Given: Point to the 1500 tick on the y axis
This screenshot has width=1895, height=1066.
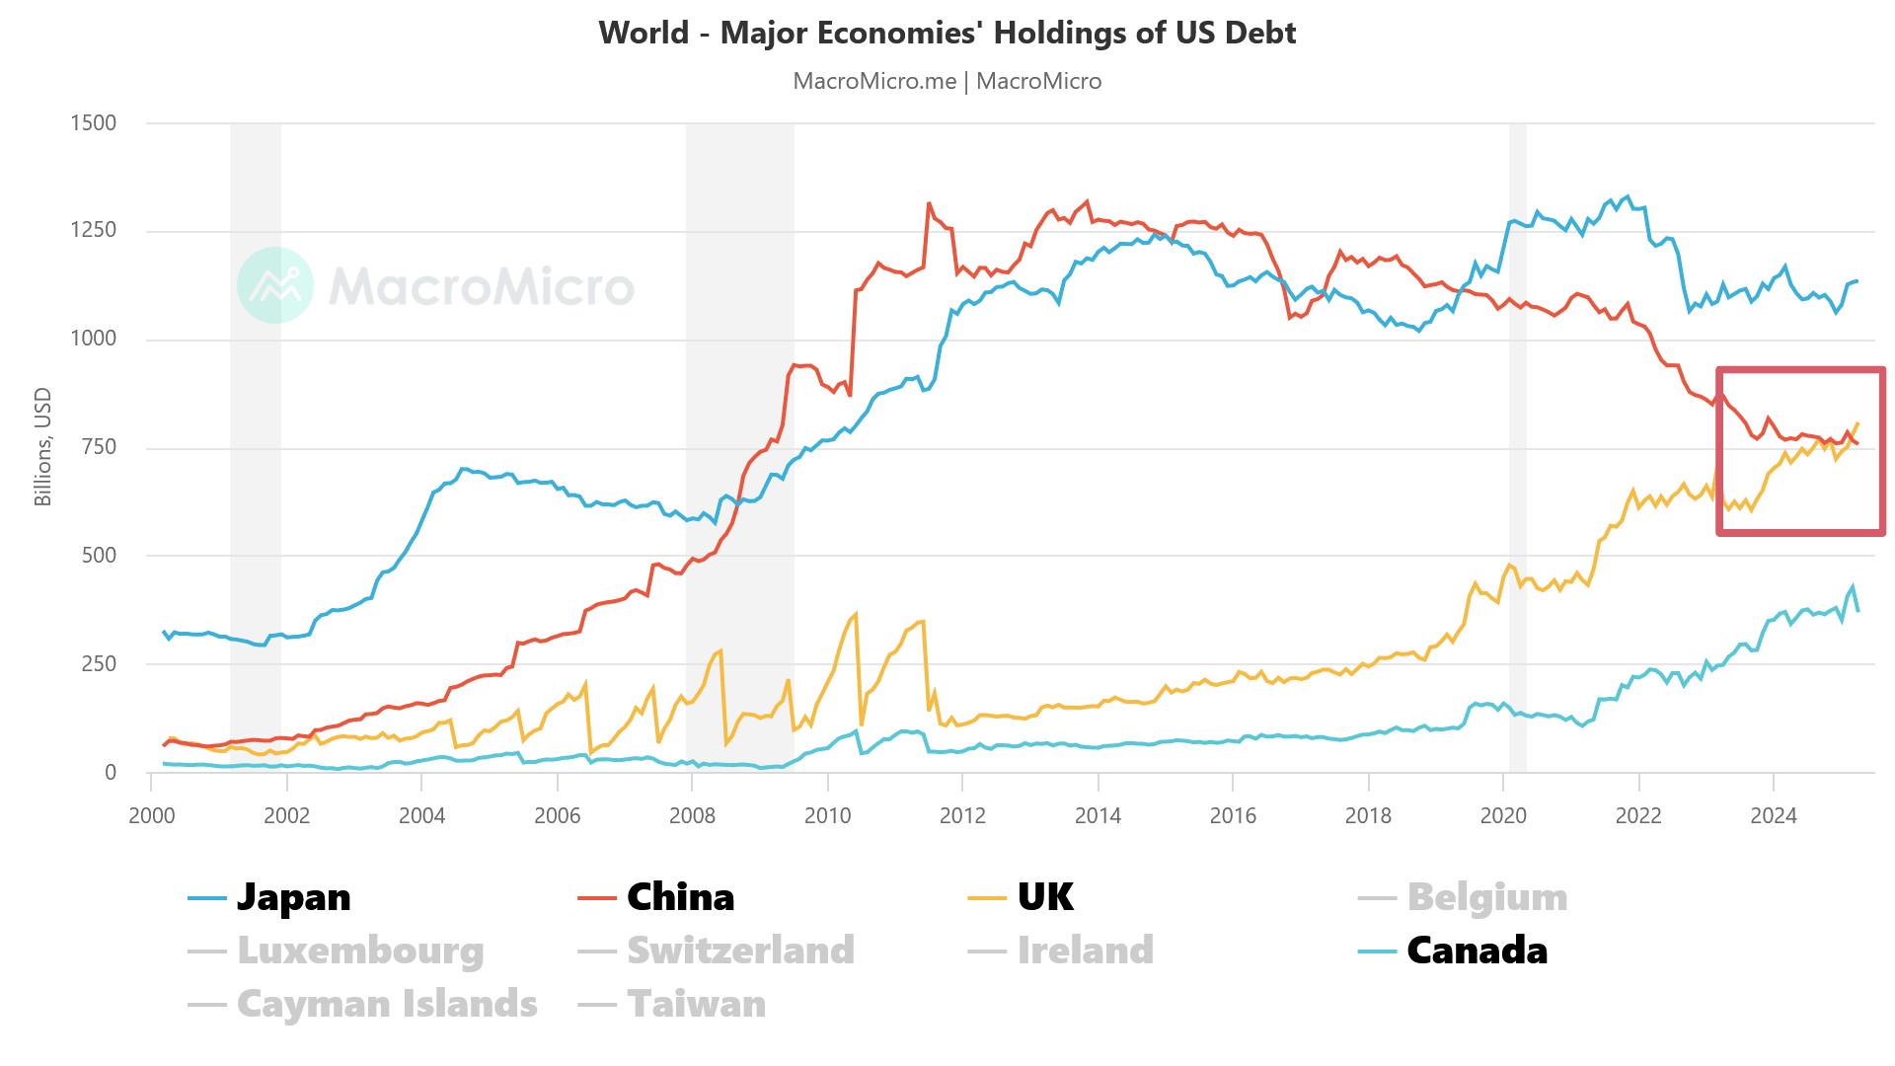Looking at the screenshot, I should coord(93,123).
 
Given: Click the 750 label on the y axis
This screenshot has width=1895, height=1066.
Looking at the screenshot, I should coord(99,447).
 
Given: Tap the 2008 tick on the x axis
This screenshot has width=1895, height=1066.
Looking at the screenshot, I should coord(692,815).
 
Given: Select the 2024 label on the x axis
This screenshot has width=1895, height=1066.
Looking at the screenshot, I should coord(1774,815).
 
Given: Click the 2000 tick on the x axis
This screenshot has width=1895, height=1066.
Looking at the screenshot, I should coord(152,815).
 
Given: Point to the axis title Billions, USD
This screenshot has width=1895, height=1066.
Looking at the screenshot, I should coord(42,447).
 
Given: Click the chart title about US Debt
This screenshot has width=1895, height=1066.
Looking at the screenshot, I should coord(947,33).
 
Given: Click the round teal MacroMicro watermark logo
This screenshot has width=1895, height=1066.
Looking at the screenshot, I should coord(275,285).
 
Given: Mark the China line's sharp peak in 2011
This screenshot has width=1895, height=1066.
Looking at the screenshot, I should coord(929,203).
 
